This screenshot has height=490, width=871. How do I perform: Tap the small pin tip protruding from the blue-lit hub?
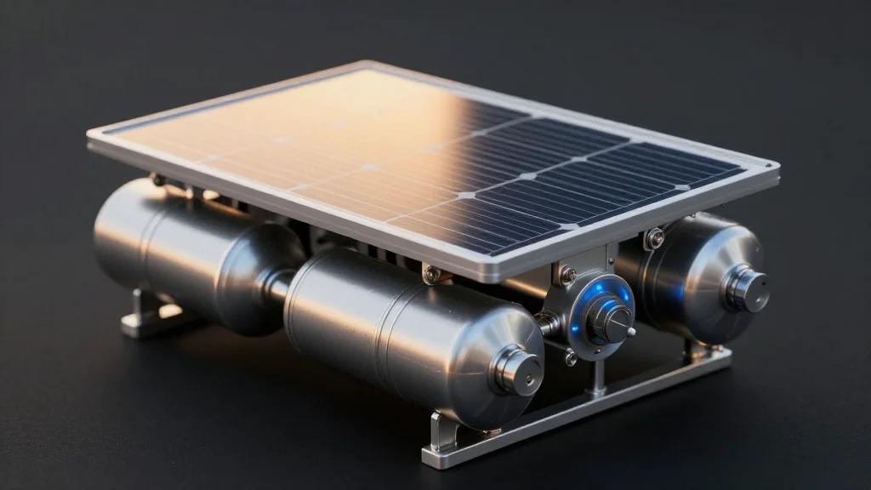click(631, 331)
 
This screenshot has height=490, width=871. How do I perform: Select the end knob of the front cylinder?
click(518, 371)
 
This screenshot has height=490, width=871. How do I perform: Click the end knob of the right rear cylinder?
click(749, 290)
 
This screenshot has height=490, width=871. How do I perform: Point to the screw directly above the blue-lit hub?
click(566, 275)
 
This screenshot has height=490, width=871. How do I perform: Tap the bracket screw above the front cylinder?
click(432, 274)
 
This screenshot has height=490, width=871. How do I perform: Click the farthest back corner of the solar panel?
click(367, 65)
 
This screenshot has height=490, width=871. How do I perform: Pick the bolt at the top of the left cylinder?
click(157, 179)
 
